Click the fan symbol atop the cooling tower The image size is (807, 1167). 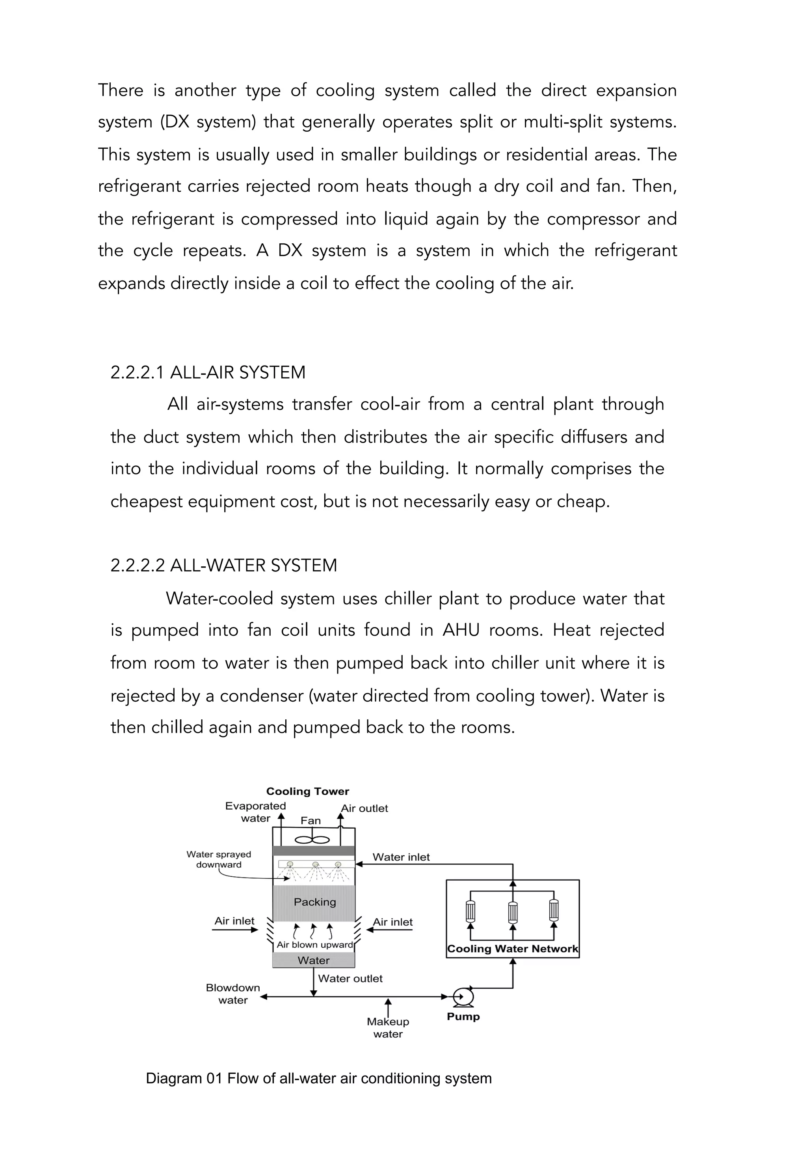coord(312,840)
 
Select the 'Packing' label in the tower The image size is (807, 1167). coord(314,902)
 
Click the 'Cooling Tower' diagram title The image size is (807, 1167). coord(307,792)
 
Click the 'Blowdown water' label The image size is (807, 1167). coord(232,994)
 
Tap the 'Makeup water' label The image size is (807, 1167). coord(388,1028)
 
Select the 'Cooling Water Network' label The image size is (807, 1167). coord(512,949)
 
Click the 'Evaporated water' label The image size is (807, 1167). coord(255,812)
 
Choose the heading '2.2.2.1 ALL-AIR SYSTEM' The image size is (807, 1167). coord(208,372)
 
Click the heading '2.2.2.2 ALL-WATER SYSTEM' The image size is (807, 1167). coord(223,565)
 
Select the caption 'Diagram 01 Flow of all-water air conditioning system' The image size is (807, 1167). coord(318,1078)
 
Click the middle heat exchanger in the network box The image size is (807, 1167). coord(513,911)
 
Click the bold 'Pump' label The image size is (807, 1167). coord(463,1017)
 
